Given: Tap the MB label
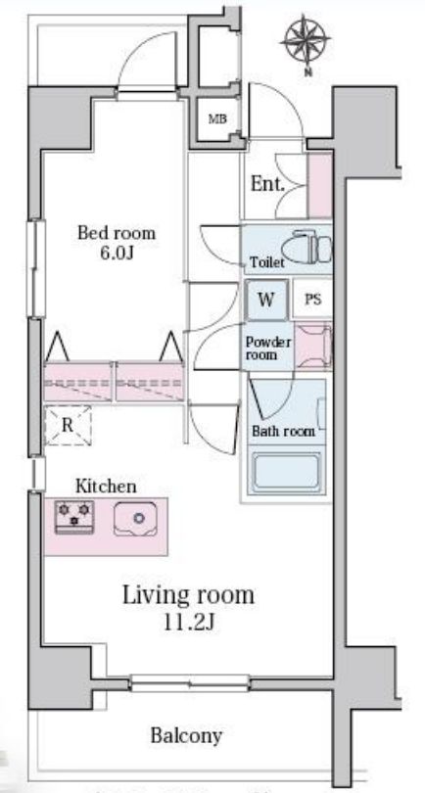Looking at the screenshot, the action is (x=217, y=119).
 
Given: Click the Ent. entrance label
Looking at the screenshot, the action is (x=268, y=185).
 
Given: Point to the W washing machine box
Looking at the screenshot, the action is (x=266, y=300).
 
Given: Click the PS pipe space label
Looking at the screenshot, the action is (x=313, y=300).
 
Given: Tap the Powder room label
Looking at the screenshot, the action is (x=268, y=348).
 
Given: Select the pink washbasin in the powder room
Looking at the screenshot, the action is (x=313, y=346).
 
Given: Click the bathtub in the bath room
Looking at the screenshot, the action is (x=287, y=472).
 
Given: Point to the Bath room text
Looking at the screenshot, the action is (x=283, y=432).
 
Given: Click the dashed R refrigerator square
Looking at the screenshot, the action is (x=68, y=425).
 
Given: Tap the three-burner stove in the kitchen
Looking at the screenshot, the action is (x=74, y=516).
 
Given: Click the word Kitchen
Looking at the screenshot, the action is (x=106, y=487).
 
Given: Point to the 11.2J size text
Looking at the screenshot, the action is (x=189, y=622).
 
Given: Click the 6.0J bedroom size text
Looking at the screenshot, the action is (x=116, y=253).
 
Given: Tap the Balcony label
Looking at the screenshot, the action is (x=186, y=735).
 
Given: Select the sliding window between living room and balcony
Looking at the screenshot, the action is (x=189, y=683).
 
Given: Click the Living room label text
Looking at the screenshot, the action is (x=188, y=595).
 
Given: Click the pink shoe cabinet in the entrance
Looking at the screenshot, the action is (x=320, y=185).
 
